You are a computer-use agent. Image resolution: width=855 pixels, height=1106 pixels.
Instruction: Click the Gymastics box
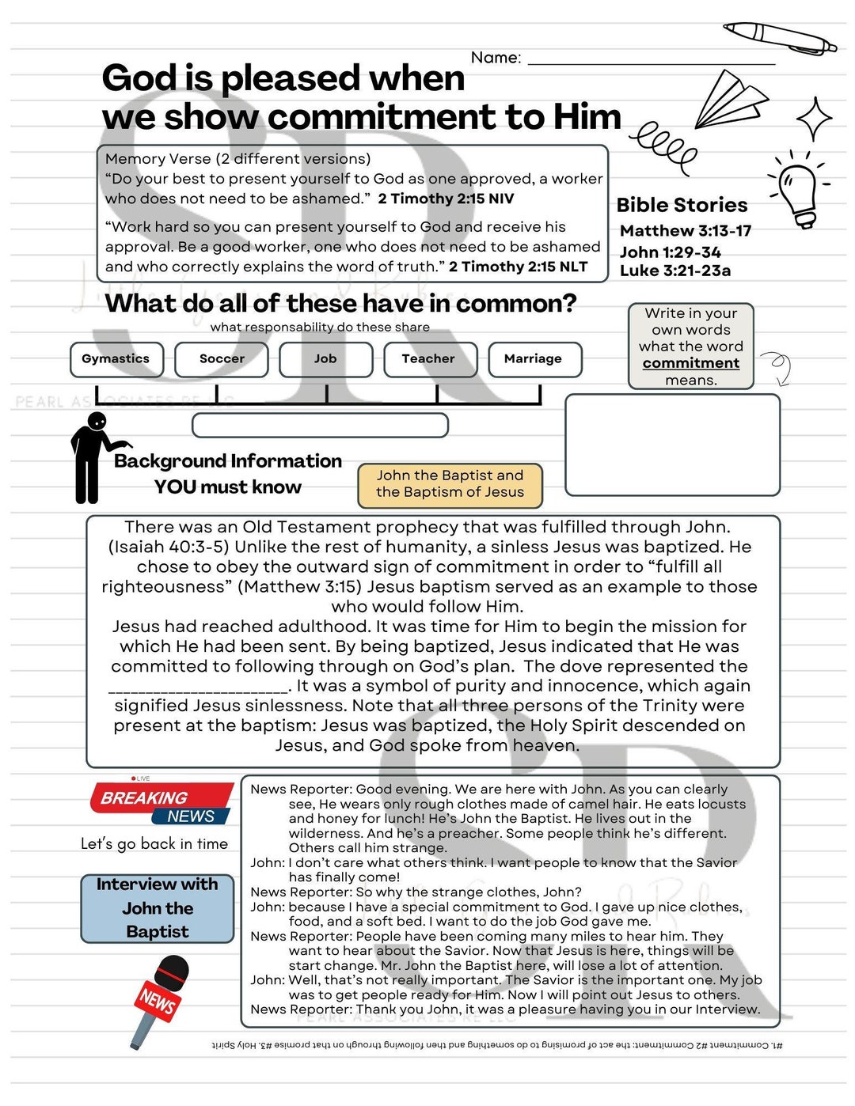116,359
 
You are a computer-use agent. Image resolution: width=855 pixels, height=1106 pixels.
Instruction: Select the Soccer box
222,359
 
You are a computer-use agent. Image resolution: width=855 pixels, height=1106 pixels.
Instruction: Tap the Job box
325,359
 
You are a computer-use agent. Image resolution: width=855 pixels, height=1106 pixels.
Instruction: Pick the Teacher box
430,359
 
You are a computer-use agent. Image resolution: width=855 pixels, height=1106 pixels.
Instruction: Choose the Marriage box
534,359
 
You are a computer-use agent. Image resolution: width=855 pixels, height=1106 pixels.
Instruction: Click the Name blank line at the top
651,60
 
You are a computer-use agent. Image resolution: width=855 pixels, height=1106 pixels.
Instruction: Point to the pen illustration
779,37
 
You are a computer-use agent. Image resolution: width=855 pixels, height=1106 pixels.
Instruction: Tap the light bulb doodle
798,190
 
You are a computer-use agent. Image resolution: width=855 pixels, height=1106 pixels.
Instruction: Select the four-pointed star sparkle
814,119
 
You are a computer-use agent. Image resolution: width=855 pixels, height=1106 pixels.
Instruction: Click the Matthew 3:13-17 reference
686,231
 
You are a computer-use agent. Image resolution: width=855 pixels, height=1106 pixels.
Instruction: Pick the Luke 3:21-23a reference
675,271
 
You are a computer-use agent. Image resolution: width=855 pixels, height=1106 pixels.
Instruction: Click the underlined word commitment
690,363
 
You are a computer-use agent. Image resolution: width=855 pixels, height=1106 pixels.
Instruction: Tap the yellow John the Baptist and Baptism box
450,484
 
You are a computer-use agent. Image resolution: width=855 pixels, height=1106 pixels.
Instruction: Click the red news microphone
161,998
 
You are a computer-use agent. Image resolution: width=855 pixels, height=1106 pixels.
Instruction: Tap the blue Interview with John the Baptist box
158,908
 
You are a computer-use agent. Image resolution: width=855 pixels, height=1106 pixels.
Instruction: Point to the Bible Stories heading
682,205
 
